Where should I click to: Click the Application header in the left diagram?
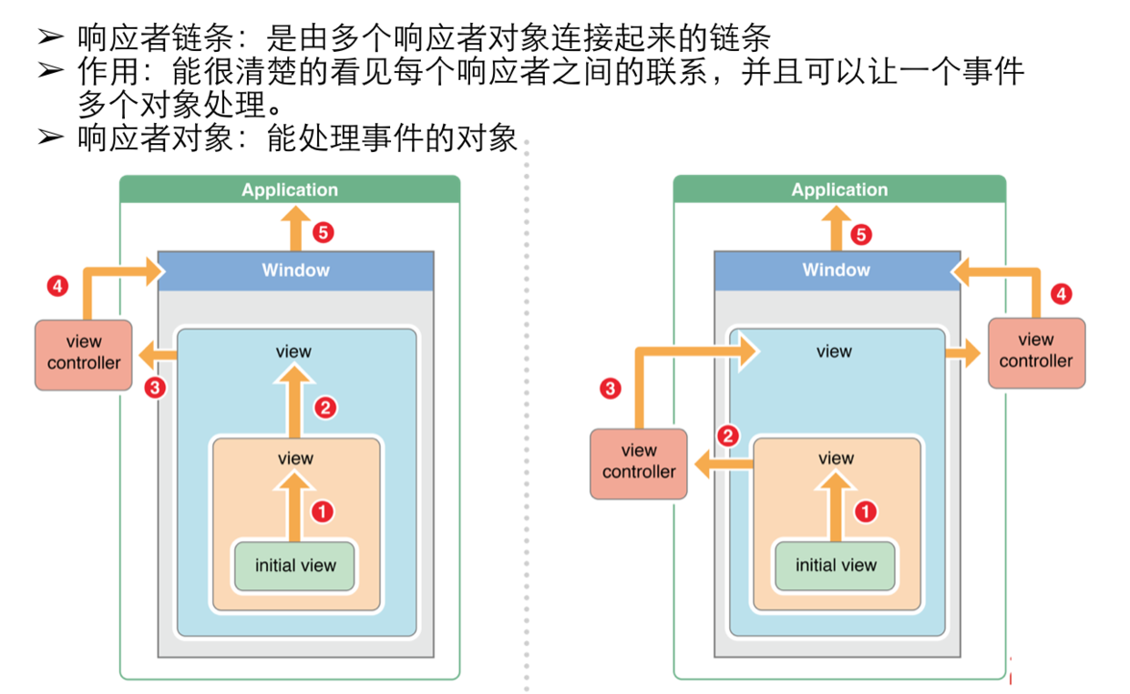[290, 189]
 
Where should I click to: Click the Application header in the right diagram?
[839, 189]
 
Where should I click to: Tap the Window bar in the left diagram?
[296, 270]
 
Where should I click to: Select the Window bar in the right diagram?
[837, 270]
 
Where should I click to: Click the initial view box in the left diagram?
[295, 565]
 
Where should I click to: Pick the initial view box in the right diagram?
[836, 565]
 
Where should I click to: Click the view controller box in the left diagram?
[84, 353]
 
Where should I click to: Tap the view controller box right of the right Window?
[1036, 352]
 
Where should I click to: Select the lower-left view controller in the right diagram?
[639, 463]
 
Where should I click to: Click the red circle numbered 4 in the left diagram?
[57, 287]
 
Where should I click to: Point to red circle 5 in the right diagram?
[861, 235]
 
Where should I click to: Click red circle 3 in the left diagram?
[155, 387]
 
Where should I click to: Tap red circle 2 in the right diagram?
[727, 436]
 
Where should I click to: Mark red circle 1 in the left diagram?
[322, 512]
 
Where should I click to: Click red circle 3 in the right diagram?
[610, 389]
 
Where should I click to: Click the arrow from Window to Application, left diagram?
[294, 227]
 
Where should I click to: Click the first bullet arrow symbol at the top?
[50, 37]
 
